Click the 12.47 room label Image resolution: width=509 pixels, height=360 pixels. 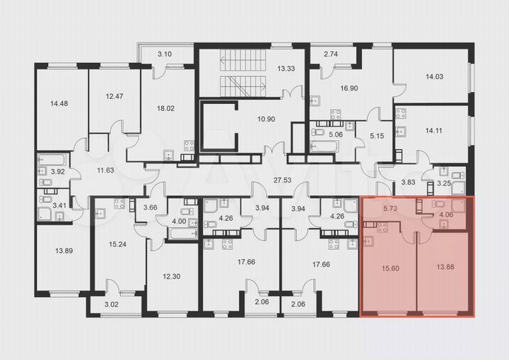pos(113,96)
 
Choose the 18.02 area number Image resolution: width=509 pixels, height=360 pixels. pos(165,108)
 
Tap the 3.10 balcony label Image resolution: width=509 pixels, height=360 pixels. pos(164,54)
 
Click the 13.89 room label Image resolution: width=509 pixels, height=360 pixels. pos(64,250)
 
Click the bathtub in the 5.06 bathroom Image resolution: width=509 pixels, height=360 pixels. pos(324,146)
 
